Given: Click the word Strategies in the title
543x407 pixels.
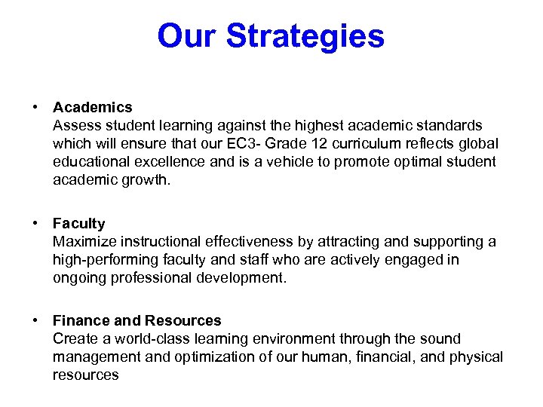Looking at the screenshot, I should [305, 35].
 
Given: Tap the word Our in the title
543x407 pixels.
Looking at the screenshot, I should [188, 35].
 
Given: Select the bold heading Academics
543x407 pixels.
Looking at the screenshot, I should [92, 107].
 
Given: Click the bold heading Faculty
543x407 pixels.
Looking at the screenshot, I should [78, 223].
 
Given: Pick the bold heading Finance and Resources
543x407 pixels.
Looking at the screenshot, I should [137, 320].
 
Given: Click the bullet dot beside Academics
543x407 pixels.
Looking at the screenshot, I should [35, 107].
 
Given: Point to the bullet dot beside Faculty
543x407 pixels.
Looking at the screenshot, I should [35, 223].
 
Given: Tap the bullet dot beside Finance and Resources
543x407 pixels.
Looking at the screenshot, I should [35, 320].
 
